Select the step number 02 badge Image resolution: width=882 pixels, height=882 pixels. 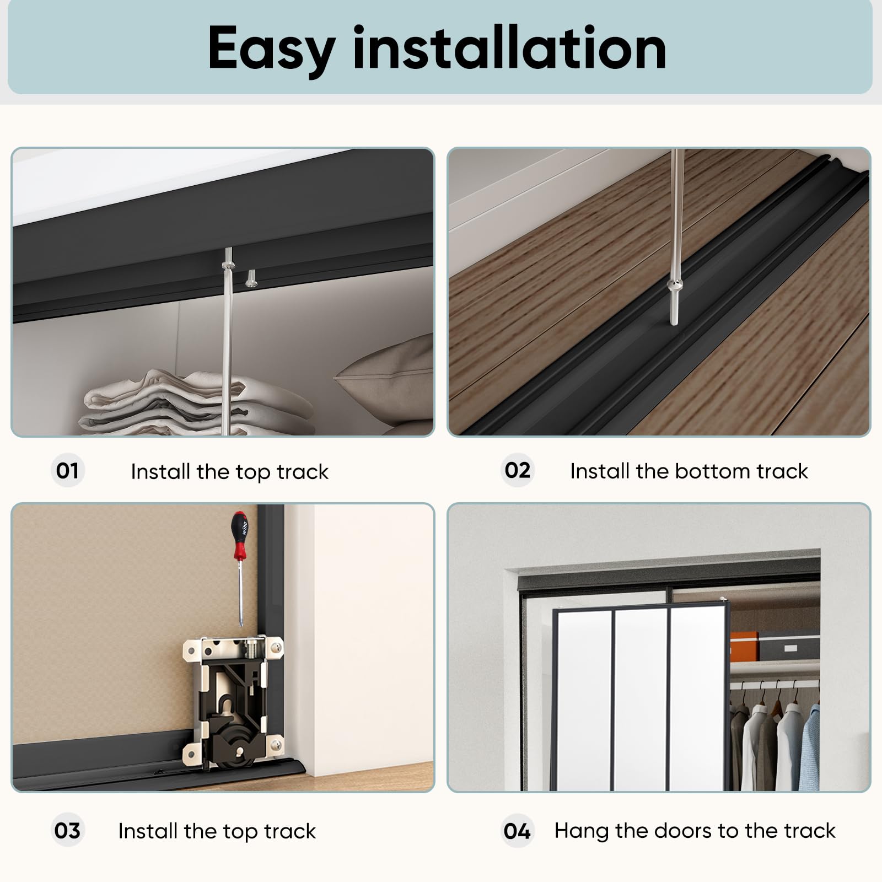click(518, 470)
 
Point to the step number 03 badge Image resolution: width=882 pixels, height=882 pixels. click(67, 830)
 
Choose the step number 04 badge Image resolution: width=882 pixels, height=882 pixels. click(518, 830)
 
